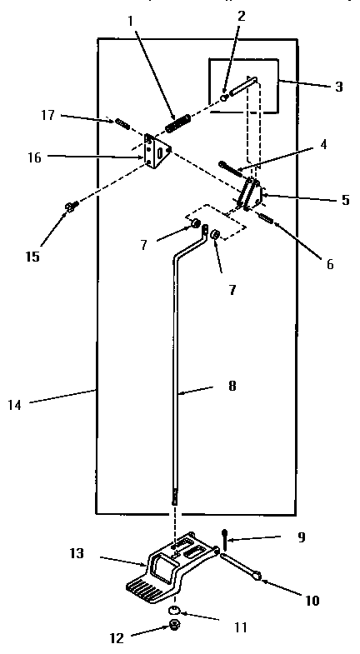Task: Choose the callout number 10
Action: coord(312,599)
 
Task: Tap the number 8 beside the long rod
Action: coord(231,386)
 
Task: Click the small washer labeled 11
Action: coord(175,612)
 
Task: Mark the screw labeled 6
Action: coord(267,219)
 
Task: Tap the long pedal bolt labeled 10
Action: coord(242,562)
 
